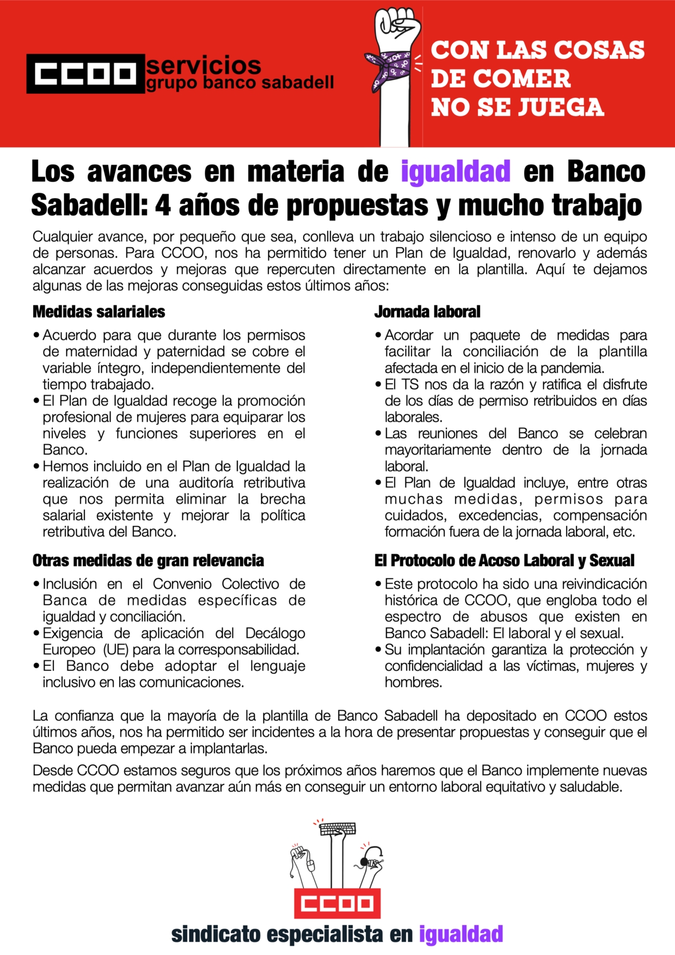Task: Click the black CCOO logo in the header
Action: click(x=85, y=74)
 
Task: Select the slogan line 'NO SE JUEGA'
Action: click(x=517, y=107)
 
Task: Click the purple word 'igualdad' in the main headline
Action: click(x=456, y=172)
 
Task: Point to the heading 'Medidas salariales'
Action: click(x=99, y=311)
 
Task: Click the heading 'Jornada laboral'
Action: click(x=427, y=311)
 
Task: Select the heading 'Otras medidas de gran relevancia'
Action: click(x=148, y=560)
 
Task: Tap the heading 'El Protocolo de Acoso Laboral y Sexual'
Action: click(x=504, y=560)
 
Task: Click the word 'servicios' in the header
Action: click(x=204, y=65)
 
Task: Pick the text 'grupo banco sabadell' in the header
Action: click(x=240, y=83)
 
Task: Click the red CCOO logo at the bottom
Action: click(x=337, y=903)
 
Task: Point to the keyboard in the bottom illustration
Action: click(x=337, y=829)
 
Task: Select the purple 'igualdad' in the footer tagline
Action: click(x=461, y=934)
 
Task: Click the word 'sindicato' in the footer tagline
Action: click(x=216, y=934)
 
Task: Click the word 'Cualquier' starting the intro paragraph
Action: click(x=63, y=237)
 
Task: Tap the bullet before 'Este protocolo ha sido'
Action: click(x=378, y=585)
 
